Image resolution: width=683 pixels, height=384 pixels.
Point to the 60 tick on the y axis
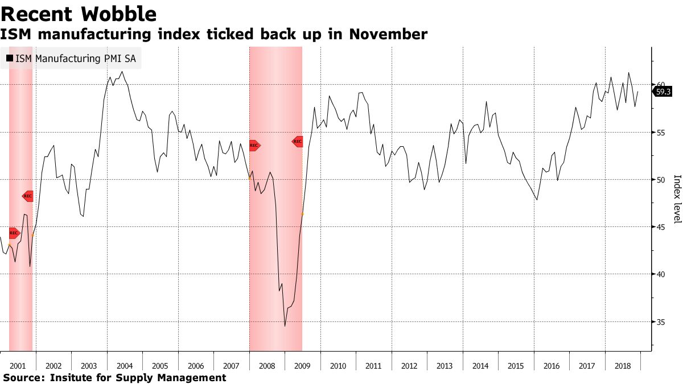click(x=661, y=85)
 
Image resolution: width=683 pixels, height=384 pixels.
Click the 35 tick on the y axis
click(x=661, y=322)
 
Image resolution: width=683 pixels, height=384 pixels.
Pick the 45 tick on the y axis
click(x=661, y=227)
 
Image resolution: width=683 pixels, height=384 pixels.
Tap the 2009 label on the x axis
click(x=303, y=366)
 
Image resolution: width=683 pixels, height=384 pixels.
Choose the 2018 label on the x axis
click(x=623, y=366)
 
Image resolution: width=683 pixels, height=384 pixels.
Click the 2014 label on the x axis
click(x=480, y=366)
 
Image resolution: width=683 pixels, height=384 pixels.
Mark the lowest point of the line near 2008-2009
click(x=285, y=326)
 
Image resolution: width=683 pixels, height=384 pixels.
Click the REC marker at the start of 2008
click(x=254, y=146)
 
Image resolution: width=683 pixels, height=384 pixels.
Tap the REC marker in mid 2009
click(x=298, y=141)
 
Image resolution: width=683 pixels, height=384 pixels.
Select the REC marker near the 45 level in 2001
click(x=14, y=233)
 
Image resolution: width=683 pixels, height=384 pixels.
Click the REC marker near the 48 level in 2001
click(x=28, y=196)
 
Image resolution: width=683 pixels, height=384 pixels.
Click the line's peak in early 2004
click(x=122, y=72)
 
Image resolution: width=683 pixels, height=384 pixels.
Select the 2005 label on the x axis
click(x=161, y=366)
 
